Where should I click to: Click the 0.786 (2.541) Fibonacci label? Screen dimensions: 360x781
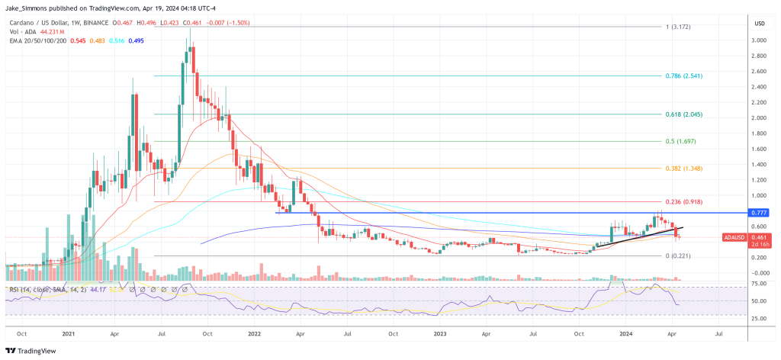[683, 76]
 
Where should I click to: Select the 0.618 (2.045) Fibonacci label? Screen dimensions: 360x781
[683, 114]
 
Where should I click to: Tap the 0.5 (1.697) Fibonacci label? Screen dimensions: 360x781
[681, 141]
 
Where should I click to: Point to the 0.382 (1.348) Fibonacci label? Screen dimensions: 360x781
[683, 169]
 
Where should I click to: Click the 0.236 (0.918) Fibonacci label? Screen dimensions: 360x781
[683, 202]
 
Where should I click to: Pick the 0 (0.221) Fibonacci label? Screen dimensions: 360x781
[677, 256]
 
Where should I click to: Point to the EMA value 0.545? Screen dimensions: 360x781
[78, 40]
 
